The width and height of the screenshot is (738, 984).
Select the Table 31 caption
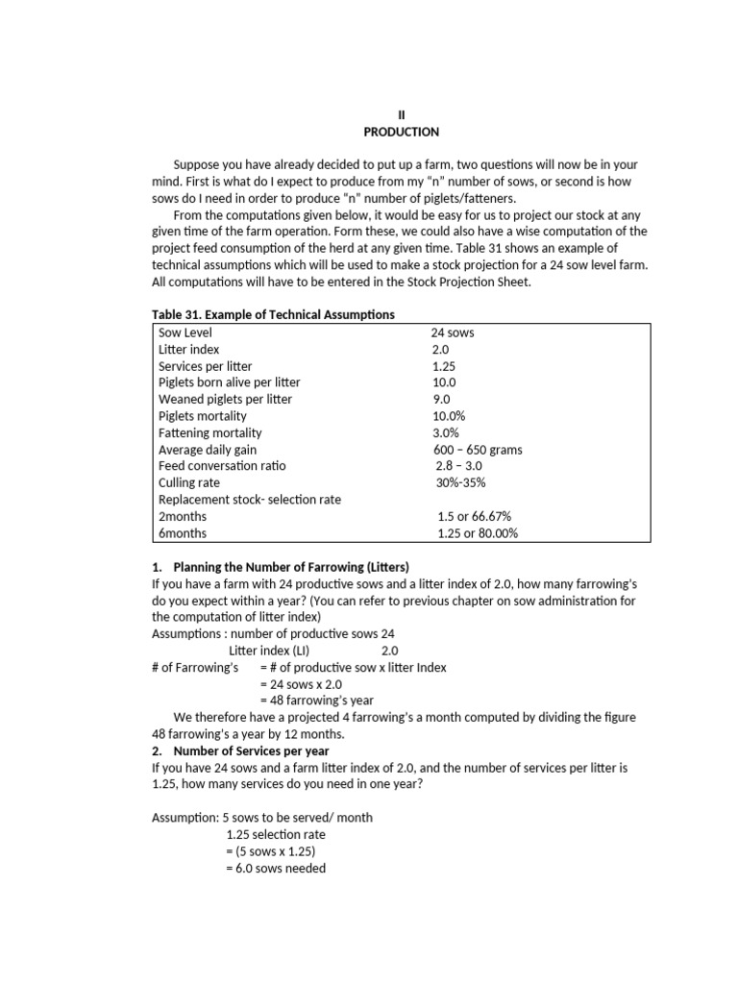coord(273,315)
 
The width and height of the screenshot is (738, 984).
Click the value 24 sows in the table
coord(453,332)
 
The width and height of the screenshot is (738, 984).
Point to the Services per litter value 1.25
coord(443,366)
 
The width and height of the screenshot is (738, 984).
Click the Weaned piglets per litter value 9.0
coord(441,399)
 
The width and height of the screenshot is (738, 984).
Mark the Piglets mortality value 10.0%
coord(448,416)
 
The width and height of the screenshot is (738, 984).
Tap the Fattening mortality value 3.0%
coord(446,432)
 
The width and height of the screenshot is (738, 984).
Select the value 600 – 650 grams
coord(478,450)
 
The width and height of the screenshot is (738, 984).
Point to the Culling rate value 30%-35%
coord(459,482)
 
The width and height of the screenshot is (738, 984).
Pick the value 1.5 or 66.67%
coord(474,516)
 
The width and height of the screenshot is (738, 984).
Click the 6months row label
coord(183,533)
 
